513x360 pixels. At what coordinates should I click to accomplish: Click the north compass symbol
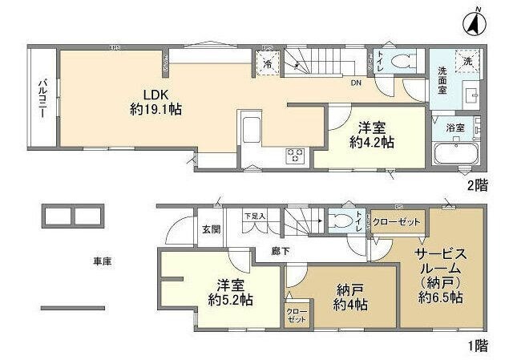pyautogui.click(x=475, y=22)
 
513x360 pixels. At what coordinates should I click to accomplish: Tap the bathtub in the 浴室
pyautogui.click(x=455, y=153)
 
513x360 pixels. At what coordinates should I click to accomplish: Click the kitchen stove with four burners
pyautogui.click(x=294, y=156)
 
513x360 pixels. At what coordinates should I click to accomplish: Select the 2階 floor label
pyautogui.click(x=478, y=184)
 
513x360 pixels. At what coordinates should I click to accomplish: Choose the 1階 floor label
pyautogui.click(x=478, y=346)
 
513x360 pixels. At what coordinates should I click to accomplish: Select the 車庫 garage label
pyautogui.click(x=101, y=261)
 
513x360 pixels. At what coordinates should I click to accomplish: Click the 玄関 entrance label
pyautogui.click(x=210, y=230)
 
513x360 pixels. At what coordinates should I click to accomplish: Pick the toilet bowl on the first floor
pyautogui.click(x=346, y=220)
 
